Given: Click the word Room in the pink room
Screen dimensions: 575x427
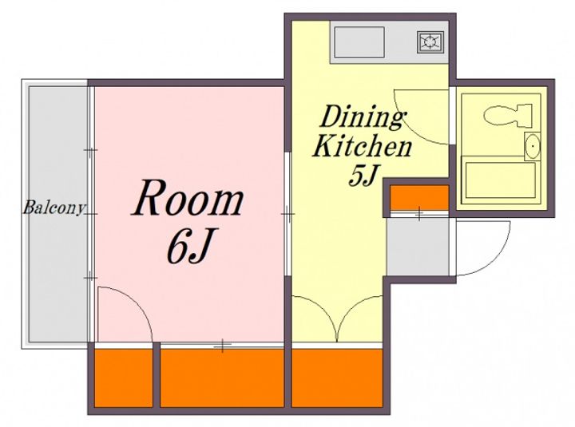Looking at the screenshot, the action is pyautogui.click(x=188, y=197).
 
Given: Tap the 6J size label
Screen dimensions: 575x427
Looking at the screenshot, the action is pyautogui.click(x=188, y=246).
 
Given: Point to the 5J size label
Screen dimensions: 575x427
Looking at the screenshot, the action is pyautogui.click(x=363, y=175).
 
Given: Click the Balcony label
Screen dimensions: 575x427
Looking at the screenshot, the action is pyautogui.click(x=55, y=208).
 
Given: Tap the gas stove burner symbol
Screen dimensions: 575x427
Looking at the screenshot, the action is pyautogui.click(x=430, y=42).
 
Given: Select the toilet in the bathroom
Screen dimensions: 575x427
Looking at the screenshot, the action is pyautogui.click(x=508, y=114).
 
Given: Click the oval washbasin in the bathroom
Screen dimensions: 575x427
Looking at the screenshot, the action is pyautogui.click(x=532, y=146).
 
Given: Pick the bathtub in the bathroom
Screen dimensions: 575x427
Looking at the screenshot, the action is pyautogui.click(x=500, y=179).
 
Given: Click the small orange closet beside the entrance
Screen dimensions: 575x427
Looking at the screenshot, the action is pyautogui.click(x=419, y=197).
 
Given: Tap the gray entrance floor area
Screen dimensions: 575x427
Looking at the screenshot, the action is pyautogui.click(x=418, y=247).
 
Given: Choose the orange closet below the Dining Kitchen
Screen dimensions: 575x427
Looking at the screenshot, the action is pyautogui.click(x=337, y=378).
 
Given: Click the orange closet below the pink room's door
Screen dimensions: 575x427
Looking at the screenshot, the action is pyautogui.click(x=124, y=378).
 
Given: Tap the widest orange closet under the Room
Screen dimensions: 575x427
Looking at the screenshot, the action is pyautogui.click(x=222, y=378).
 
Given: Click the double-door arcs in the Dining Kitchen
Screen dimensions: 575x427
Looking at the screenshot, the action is pyautogui.click(x=337, y=314).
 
